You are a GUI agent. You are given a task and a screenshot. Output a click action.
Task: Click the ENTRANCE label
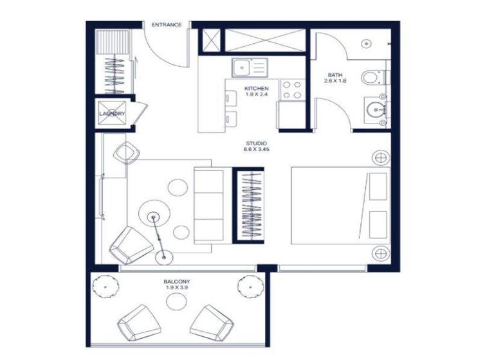(166, 25)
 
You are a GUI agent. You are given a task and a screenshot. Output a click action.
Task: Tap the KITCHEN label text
(256, 88)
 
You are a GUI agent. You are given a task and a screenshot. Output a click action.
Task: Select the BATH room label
(334, 74)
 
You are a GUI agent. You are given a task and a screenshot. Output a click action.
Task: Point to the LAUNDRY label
(112, 114)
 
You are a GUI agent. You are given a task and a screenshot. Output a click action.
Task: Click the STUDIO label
(256, 143)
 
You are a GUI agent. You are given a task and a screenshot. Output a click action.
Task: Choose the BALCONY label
(177, 282)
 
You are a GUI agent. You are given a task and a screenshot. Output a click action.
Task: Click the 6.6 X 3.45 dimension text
(256, 149)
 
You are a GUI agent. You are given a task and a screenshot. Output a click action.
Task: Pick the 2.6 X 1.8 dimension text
(335, 81)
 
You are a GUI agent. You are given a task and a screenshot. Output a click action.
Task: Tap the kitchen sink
(242, 66)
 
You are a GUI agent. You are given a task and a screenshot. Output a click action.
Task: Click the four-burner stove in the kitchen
(291, 89)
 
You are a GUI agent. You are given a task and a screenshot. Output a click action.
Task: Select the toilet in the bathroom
(372, 78)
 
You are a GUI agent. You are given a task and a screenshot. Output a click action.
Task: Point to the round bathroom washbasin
(372, 107)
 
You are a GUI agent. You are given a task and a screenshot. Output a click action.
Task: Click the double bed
(340, 206)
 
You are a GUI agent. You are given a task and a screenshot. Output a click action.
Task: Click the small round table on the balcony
(176, 301)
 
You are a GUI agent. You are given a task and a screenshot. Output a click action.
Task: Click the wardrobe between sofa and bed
(248, 206)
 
